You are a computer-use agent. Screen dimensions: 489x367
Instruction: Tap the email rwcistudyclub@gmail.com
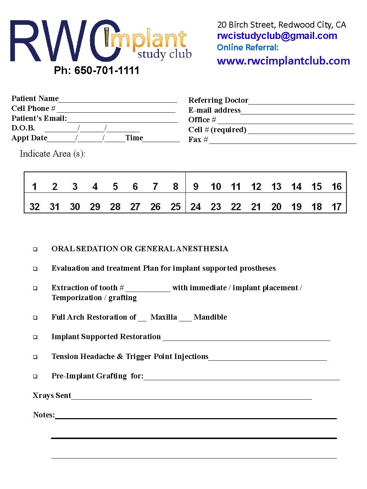(x=277, y=36)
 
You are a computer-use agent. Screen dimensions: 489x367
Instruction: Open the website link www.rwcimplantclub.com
(x=283, y=61)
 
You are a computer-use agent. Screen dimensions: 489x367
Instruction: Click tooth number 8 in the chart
(x=176, y=187)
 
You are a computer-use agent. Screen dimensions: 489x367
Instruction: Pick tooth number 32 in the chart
(x=34, y=207)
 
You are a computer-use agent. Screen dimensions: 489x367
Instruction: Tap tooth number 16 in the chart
(x=337, y=187)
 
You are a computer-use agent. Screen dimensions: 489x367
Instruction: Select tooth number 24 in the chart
(x=196, y=207)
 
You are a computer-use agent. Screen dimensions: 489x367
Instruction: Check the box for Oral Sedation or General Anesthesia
(x=35, y=249)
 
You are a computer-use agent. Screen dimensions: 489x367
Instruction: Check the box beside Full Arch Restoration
(x=35, y=318)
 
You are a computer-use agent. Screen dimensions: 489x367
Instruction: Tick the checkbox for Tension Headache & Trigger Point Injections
(x=35, y=357)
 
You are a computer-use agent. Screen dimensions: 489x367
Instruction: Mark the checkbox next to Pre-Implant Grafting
(x=35, y=377)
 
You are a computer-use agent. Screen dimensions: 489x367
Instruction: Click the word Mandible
(x=210, y=317)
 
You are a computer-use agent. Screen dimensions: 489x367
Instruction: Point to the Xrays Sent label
(x=52, y=395)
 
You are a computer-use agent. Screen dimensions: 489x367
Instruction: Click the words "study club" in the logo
(x=164, y=55)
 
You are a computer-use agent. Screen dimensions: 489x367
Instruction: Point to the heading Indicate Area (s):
(x=52, y=154)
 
